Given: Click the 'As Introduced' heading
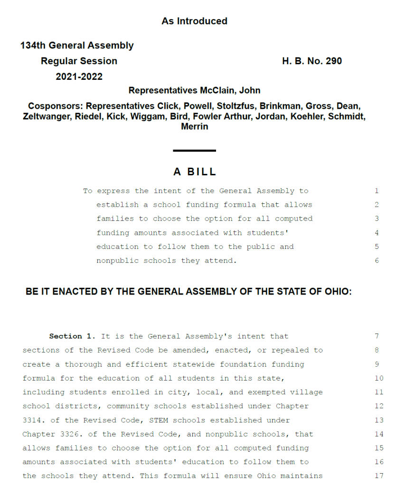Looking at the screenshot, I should click(x=194, y=21).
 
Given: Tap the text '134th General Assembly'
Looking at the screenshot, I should click(x=77, y=46).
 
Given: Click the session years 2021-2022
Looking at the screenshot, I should click(x=79, y=77).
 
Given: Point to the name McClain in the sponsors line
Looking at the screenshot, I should click(x=217, y=91).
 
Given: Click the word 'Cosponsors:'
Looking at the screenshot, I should click(x=56, y=106).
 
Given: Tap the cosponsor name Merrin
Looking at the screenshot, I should click(x=195, y=127).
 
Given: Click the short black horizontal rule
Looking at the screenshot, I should click(x=194, y=151).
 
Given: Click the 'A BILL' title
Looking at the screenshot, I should click(x=195, y=172).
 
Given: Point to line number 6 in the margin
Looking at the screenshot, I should click(x=377, y=261).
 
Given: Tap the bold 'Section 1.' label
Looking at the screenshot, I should click(x=72, y=336).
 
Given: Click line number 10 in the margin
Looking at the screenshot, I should click(x=378, y=378).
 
